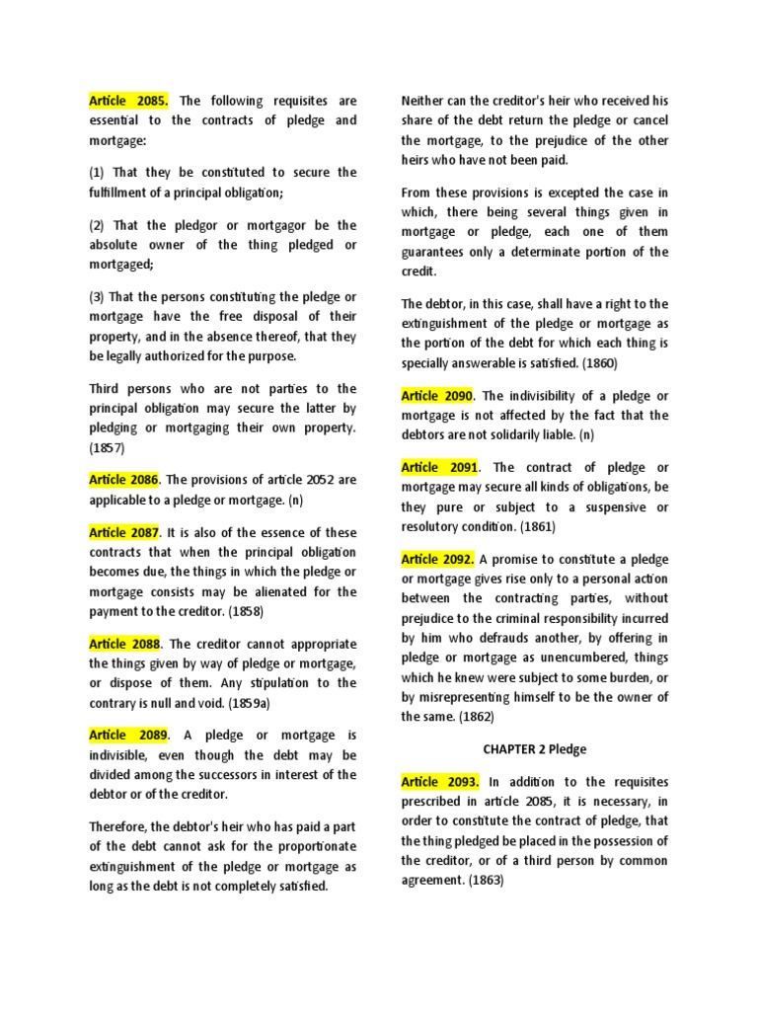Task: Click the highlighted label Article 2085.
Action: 129,101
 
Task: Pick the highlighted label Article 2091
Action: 439,468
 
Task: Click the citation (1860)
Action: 600,362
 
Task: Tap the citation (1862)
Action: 475,716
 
